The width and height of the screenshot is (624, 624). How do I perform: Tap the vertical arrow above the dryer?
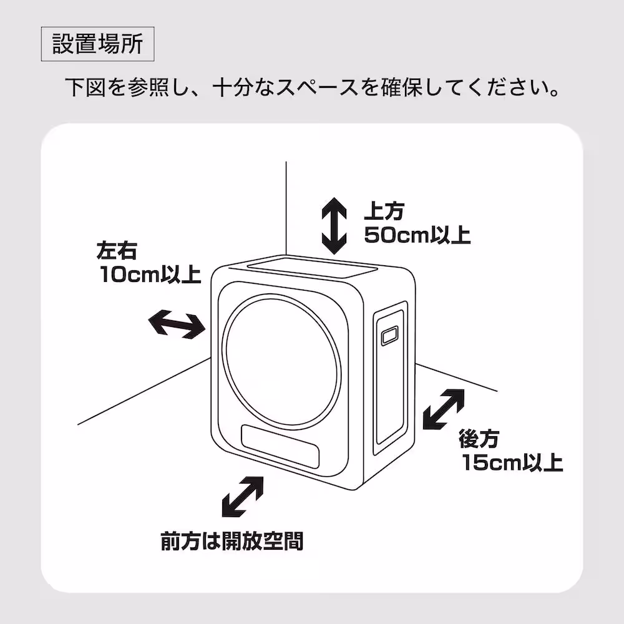tap(334, 225)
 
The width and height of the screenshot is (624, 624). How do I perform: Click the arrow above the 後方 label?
tap(444, 409)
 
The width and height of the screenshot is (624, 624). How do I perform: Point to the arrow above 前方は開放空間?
tap(242, 498)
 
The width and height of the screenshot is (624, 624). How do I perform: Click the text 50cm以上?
tap(417, 236)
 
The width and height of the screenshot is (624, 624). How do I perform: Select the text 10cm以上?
tap(150, 275)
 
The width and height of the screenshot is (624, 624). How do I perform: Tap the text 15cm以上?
tap(512, 463)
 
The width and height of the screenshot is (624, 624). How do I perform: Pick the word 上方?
tap(385, 212)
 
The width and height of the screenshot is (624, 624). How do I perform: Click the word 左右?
tap(117, 251)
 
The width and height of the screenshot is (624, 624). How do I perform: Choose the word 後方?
tap(479, 439)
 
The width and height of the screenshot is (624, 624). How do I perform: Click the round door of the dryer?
tap(282, 363)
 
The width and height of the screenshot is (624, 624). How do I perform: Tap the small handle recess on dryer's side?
tap(390, 336)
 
